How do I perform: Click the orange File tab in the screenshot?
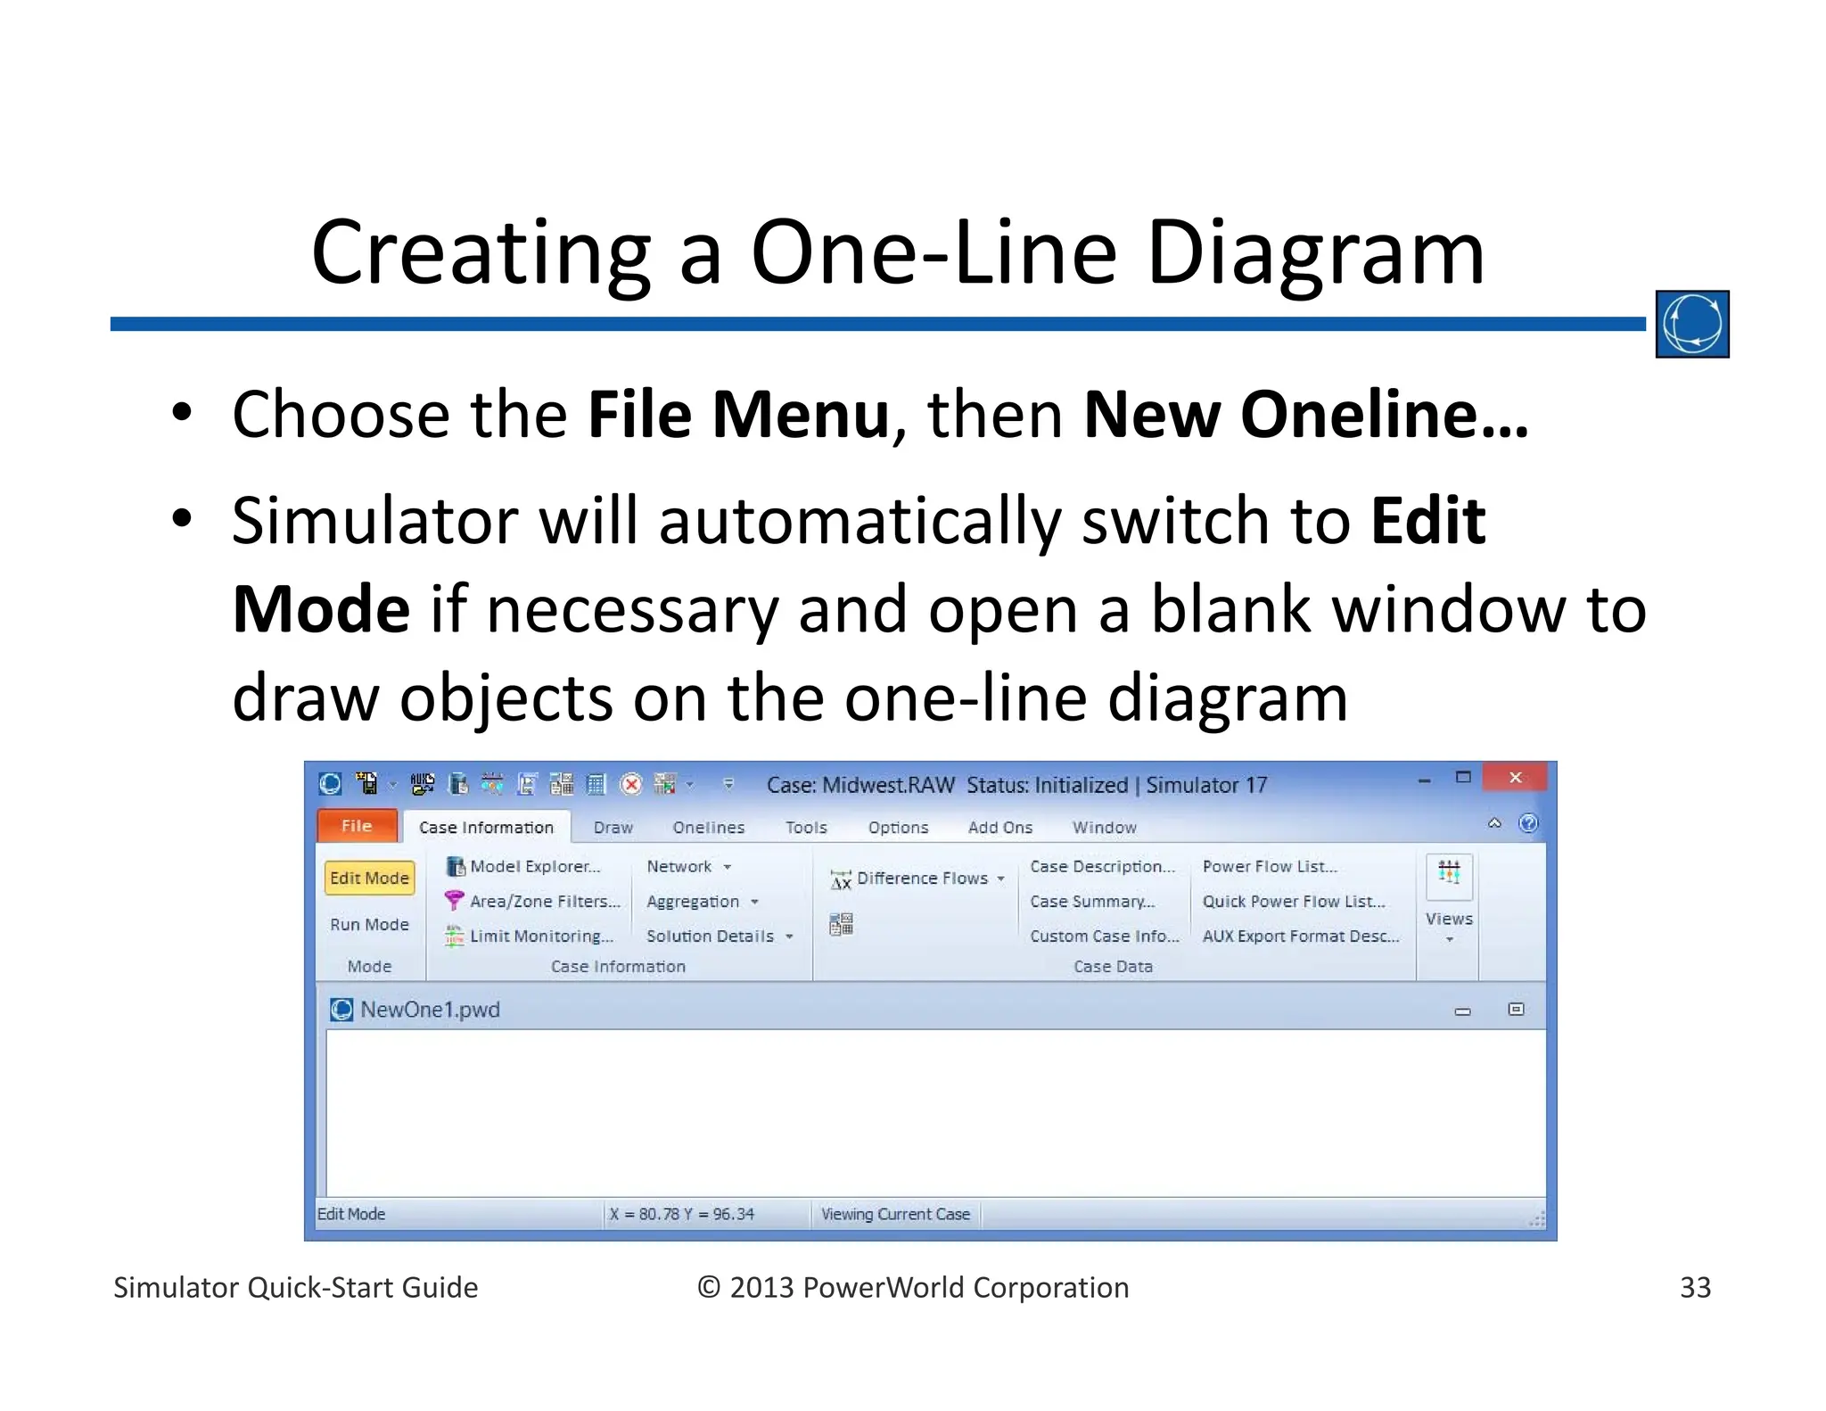pyautogui.click(x=357, y=826)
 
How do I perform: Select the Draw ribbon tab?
pyautogui.click(x=613, y=828)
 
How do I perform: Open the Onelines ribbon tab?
pyautogui.click(x=708, y=828)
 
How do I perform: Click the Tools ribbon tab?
pyautogui.click(x=806, y=828)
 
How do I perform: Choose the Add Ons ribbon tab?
pyautogui.click(x=999, y=828)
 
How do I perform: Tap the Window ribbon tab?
pyautogui.click(x=1104, y=828)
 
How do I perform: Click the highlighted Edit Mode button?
pyautogui.click(x=369, y=878)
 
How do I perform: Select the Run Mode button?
pyautogui.click(x=369, y=925)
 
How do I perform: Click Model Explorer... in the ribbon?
pyautogui.click(x=534, y=867)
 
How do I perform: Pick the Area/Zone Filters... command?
pyautogui.click(x=544, y=902)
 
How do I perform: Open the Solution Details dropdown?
pyautogui.click(x=719, y=937)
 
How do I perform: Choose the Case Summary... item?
pyautogui.click(x=1091, y=902)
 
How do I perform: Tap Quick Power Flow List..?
pyautogui.click(x=1293, y=902)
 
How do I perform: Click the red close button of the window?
pyautogui.click(x=1515, y=778)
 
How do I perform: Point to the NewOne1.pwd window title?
pyautogui.click(x=430, y=1010)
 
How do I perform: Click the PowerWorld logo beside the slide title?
pyautogui.click(x=1691, y=324)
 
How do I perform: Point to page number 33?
pyautogui.click(x=1695, y=1287)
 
